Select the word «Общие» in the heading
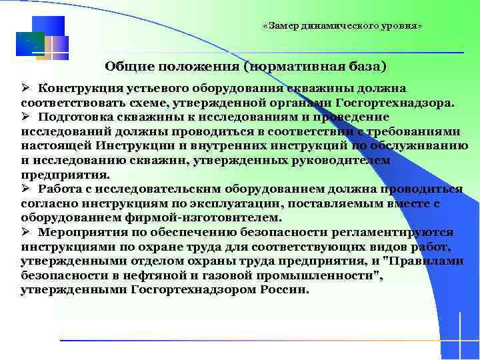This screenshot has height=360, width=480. [125, 67]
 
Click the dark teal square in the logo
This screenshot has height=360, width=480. [30, 43]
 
